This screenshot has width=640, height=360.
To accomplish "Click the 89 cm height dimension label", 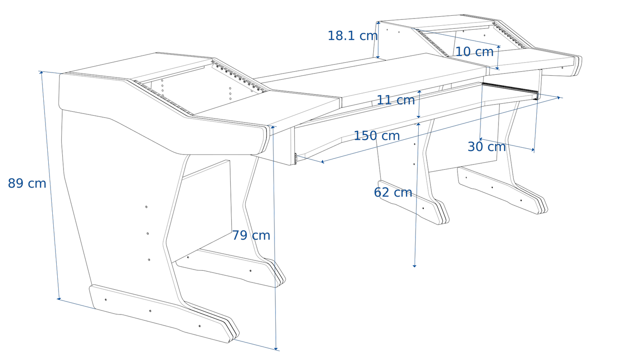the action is coord(27,183).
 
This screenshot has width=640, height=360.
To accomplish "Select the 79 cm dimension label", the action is coord(251,236).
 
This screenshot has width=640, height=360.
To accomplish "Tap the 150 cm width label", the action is coord(377,136).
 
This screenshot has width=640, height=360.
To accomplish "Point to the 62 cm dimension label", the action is coord(393,192).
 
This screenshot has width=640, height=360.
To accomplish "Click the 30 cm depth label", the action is coord(487,147).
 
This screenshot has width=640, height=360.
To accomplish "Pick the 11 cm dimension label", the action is coord(396,100).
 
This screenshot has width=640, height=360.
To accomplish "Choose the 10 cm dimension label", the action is coord(474,52).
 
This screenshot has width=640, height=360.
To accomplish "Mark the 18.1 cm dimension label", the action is coord(352,36).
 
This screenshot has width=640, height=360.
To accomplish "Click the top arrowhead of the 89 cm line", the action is coord(41,73).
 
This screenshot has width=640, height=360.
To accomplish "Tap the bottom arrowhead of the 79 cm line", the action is coord(276,348).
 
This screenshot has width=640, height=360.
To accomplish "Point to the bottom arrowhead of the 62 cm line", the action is coord(415,266).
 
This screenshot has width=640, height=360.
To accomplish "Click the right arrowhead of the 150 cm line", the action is coord(558,98).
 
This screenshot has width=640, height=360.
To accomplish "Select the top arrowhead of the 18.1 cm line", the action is coord(379,23).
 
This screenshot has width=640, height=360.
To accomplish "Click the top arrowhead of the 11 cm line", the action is coord(420,92).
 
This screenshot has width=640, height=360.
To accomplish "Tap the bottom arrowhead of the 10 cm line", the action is coord(498,68).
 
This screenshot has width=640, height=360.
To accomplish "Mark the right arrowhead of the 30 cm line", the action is coord(533,150).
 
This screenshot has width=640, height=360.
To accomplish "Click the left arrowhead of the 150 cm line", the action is coord(323,162).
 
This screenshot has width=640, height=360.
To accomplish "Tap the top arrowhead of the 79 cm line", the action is coord(273,127).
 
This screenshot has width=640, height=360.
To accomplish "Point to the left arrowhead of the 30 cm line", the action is coord(481,139).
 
